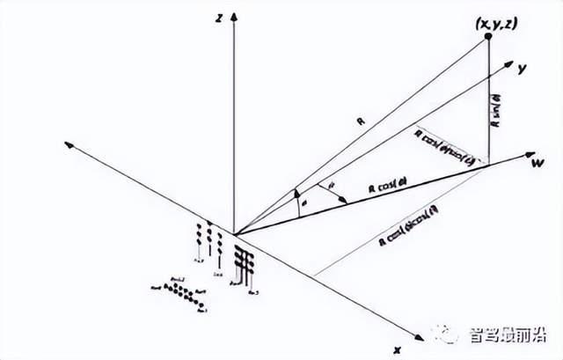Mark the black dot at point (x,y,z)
tap(487, 36)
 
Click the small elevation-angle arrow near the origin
tap(298, 192)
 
